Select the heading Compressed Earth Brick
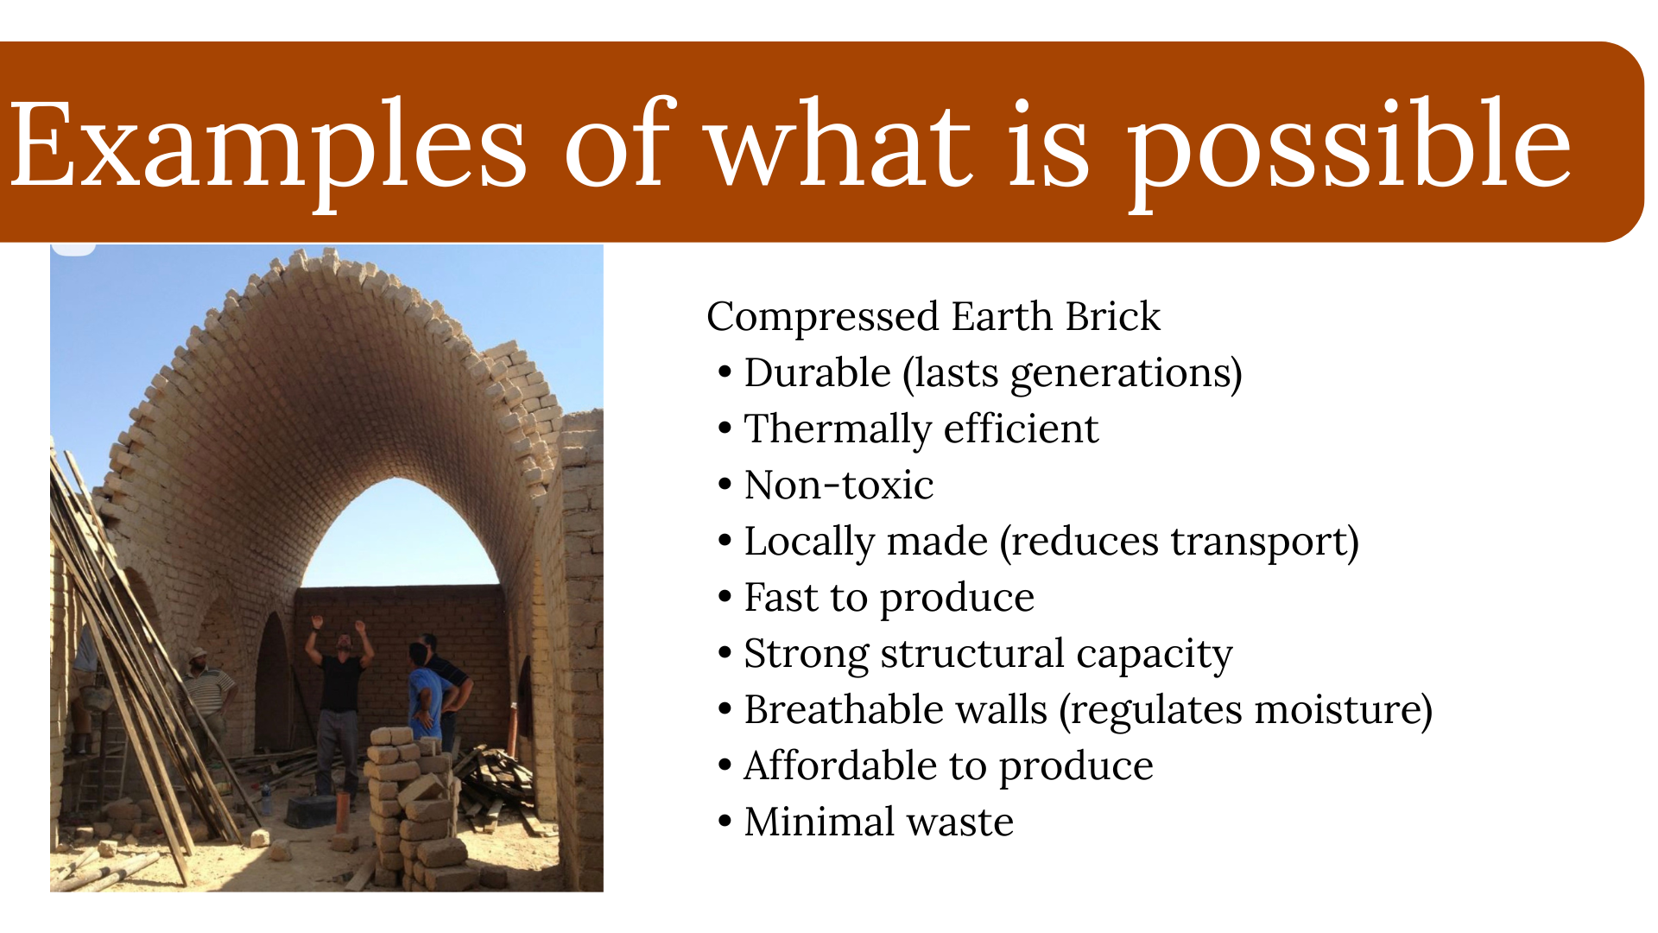point(933,316)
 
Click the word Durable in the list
point(817,373)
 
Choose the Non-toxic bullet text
point(838,486)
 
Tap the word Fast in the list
point(782,598)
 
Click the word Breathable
point(895,710)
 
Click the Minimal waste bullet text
point(878,822)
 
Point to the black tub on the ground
point(311,810)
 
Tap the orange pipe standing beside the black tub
point(343,812)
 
